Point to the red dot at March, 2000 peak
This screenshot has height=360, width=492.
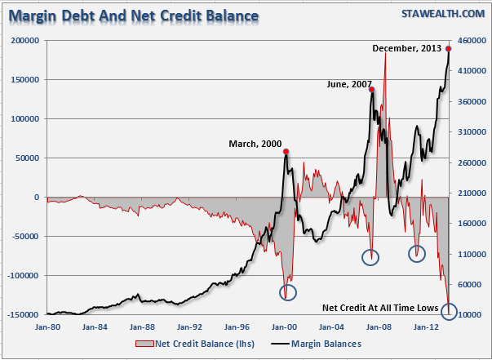click(x=286, y=151)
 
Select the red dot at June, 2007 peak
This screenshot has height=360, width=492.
click(x=371, y=90)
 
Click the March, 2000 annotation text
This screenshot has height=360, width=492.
click(x=255, y=144)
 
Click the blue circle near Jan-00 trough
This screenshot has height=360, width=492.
click(x=288, y=291)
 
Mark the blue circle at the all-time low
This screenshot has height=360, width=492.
click(x=449, y=311)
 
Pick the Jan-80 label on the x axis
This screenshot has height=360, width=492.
click(x=47, y=327)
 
